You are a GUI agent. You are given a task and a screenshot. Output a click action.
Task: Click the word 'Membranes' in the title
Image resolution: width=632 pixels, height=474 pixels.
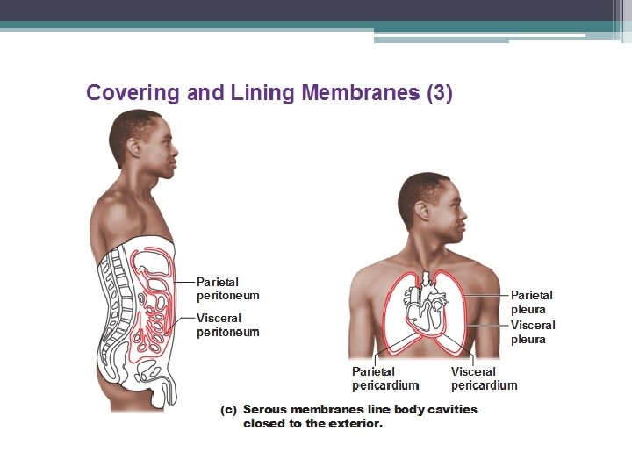pyautogui.click(x=361, y=93)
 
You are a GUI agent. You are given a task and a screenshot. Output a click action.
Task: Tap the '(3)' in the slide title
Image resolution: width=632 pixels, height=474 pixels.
pyautogui.click(x=439, y=93)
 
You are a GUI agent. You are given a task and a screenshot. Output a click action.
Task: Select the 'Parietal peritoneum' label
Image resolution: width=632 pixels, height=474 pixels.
pyautogui.click(x=227, y=289)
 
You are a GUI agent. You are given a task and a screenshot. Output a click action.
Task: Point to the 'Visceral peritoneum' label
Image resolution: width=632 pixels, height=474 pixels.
pyautogui.click(x=227, y=325)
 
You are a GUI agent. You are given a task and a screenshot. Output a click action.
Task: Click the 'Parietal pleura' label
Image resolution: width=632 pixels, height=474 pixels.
pyautogui.click(x=531, y=302)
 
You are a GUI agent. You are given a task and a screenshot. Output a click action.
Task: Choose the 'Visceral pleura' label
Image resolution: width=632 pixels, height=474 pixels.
pyautogui.click(x=533, y=332)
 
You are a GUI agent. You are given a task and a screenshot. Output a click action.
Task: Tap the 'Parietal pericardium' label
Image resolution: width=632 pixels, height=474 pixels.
pyautogui.click(x=385, y=378)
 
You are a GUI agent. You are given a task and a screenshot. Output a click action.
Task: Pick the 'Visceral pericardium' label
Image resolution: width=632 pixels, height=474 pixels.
pyautogui.click(x=484, y=378)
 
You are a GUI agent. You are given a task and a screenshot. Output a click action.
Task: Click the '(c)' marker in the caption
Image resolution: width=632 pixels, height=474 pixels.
pyautogui.click(x=228, y=409)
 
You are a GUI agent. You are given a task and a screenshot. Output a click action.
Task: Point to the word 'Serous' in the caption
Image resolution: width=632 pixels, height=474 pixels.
pyautogui.click(x=264, y=409)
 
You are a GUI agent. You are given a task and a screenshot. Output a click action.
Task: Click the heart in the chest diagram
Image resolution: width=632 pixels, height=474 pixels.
pyautogui.click(x=426, y=312)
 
